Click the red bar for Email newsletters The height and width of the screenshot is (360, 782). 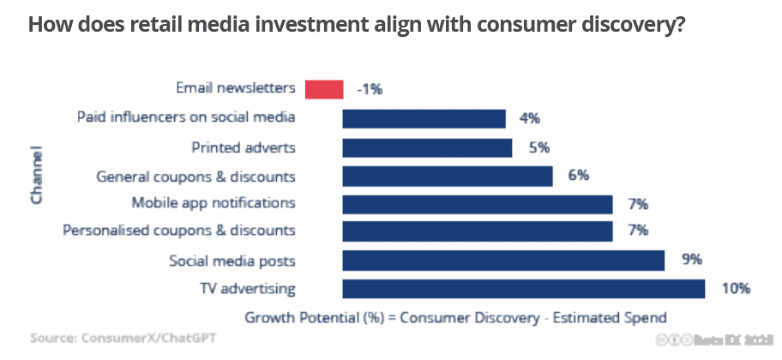point(324,88)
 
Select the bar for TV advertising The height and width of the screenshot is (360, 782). point(523,289)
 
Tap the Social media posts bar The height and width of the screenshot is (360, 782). point(503,261)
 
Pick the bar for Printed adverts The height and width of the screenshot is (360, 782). point(427,147)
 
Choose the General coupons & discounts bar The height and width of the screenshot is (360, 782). point(447,177)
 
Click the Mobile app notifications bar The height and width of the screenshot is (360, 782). point(477,204)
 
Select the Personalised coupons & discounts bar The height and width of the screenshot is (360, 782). point(477,231)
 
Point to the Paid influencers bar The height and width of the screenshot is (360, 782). point(424,118)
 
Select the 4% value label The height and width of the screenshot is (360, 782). point(530,118)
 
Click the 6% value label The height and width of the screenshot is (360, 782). point(577,177)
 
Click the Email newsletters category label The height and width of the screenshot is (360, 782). point(236,88)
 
